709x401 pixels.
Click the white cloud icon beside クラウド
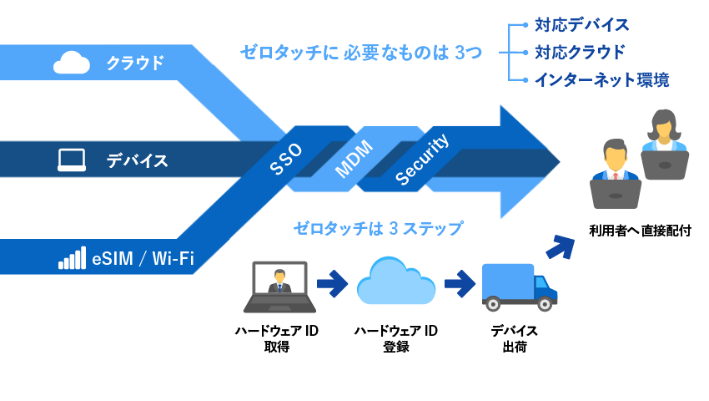[x=71, y=63]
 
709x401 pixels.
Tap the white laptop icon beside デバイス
[x=72, y=160]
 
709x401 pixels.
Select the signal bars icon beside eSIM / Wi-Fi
[x=72, y=258]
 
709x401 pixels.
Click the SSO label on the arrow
[x=287, y=158]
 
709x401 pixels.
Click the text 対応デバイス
[x=581, y=24]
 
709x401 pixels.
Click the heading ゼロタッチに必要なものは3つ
[x=361, y=53]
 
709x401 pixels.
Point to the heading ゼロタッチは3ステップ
[x=377, y=227]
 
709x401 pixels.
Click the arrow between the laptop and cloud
[x=332, y=283]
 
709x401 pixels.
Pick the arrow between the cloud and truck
[x=459, y=283]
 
